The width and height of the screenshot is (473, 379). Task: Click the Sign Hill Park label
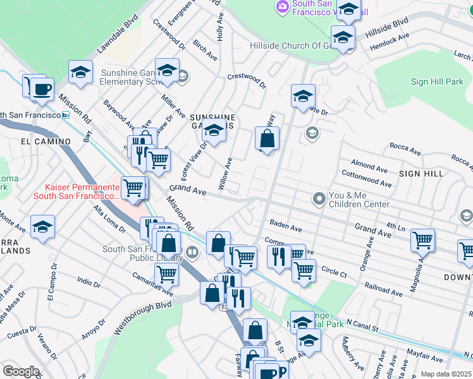coord(437,81)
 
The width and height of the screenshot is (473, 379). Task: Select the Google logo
coord(21,371)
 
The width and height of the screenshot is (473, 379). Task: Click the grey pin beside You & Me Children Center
coord(319,200)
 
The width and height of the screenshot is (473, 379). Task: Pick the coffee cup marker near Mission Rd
coord(42,89)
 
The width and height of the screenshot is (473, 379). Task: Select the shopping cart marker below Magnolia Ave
coord(422,240)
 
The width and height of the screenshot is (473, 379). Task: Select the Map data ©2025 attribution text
coord(446,374)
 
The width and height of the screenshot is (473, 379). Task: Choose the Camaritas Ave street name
coord(152,284)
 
